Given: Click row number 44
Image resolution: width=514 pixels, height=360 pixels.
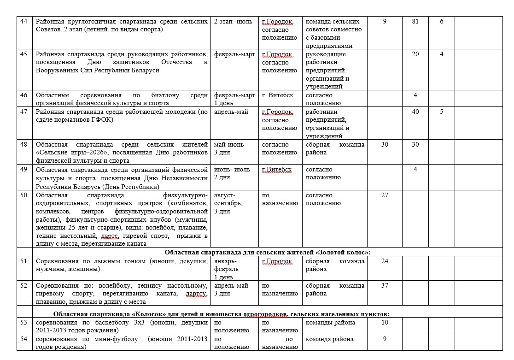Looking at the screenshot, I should click(x=24, y=22).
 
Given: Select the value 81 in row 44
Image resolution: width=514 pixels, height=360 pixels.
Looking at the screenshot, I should click(x=415, y=22).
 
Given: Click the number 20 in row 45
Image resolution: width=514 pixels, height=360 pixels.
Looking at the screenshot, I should click(x=415, y=54).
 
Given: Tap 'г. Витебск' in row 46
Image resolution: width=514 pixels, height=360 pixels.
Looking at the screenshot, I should click(x=277, y=95).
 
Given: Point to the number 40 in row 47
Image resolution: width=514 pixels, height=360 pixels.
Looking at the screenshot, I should click(x=415, y=112).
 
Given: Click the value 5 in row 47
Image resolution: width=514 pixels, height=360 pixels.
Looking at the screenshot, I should click(x=441, y=112).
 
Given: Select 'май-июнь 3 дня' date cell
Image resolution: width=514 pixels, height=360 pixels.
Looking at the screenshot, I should click(x=229, y=148).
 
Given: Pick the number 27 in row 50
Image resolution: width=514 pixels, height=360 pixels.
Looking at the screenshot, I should click(x=385, y=195).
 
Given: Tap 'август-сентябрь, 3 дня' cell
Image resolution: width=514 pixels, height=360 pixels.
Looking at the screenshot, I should click(x=228, y=203).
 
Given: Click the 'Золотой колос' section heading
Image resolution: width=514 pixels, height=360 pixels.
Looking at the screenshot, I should click(x=268, y=252).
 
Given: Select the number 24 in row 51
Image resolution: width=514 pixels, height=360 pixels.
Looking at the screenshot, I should click(x=385, y=261).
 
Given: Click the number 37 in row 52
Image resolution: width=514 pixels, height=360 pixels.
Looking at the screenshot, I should click(x=385, y=285).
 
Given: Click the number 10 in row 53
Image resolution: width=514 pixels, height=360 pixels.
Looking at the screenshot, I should click(x=385, y=322).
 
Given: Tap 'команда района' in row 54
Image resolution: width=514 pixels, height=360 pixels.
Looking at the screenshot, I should click(x=330, y=339).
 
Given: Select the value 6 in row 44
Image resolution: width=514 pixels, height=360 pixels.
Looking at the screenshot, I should click(x=441, y=22).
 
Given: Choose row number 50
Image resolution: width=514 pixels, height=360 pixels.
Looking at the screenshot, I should click(x=24, y=195).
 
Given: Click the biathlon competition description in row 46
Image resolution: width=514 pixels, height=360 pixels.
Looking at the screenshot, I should click(x=122, y=99).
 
